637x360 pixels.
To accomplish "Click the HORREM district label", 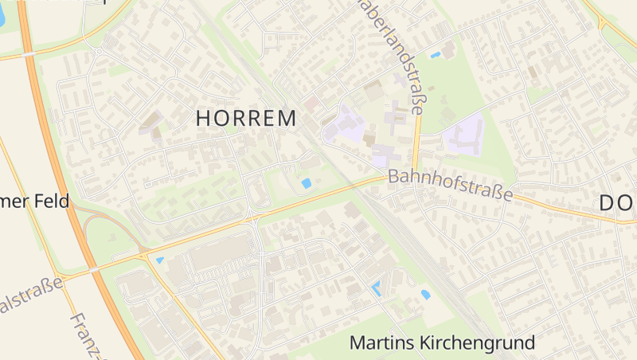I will (246, 118).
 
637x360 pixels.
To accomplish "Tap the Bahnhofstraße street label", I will (451, 185).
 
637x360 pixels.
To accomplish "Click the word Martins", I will (386, 343).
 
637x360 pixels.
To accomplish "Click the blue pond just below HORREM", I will (307, 184).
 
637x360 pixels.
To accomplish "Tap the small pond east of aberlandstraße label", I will (436, 55).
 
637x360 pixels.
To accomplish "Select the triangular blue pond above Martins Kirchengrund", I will (376, 288).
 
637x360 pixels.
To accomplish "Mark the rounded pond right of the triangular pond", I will (425, 295).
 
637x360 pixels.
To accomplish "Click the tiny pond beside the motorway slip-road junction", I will (160, 260).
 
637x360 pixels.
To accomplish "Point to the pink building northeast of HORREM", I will (311, 104).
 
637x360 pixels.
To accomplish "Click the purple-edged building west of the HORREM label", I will (149, 123).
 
